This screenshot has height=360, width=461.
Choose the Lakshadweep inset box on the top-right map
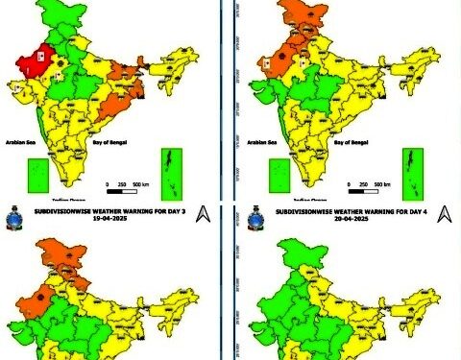(x=279, y=176)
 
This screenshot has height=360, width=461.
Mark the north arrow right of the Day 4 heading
(x=443, y=213)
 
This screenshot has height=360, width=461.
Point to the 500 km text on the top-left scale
(x=140, y=183)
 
